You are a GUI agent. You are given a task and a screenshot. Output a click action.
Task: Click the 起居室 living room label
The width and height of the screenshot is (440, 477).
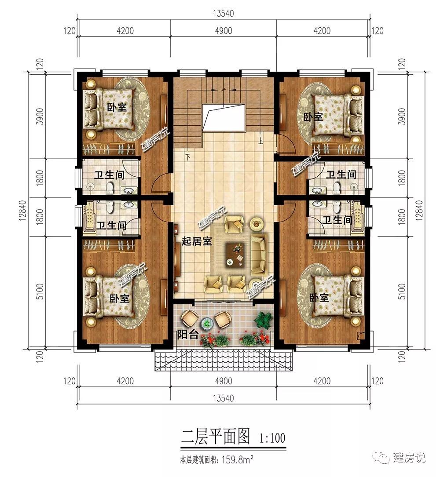tap(197, 241)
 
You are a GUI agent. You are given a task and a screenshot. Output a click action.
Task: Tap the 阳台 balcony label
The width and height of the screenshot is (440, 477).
tap(187, 335)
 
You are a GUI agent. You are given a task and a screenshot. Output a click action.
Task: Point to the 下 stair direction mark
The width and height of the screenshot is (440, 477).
tap(188, 157)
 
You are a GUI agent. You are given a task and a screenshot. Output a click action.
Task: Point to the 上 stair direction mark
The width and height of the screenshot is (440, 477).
tap(260, 141)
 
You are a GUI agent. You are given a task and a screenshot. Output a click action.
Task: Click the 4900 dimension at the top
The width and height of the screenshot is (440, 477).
tap(223, 31)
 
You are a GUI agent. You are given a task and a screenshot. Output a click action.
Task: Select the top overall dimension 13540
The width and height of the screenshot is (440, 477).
tap(223, 14)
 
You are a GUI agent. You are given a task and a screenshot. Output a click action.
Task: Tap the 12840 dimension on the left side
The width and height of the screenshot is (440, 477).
tap(24, 210)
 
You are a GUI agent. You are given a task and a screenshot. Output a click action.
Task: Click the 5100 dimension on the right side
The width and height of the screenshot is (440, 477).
tap(402, 291)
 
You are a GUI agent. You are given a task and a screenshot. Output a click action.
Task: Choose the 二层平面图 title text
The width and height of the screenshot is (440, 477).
tap(215, 437)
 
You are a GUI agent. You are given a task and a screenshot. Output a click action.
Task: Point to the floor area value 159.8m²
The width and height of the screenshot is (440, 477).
tap(238, 459)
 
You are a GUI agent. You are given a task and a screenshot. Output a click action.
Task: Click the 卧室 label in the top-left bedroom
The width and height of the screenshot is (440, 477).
tap(117, 107)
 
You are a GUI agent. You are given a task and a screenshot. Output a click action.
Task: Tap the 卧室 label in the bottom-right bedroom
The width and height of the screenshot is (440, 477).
tap(319, 298)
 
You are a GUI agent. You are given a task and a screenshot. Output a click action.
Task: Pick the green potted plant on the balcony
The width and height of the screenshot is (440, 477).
tap(262, 320)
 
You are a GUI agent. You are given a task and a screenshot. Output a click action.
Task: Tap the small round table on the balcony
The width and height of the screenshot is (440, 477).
tap(207, 323)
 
